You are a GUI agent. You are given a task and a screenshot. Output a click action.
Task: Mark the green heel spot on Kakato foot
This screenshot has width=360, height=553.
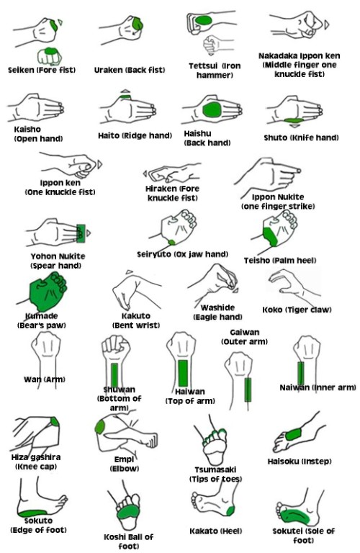(x=229, y=511)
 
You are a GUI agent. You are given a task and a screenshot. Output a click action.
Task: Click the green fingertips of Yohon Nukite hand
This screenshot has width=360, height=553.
(x=78, y=233)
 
